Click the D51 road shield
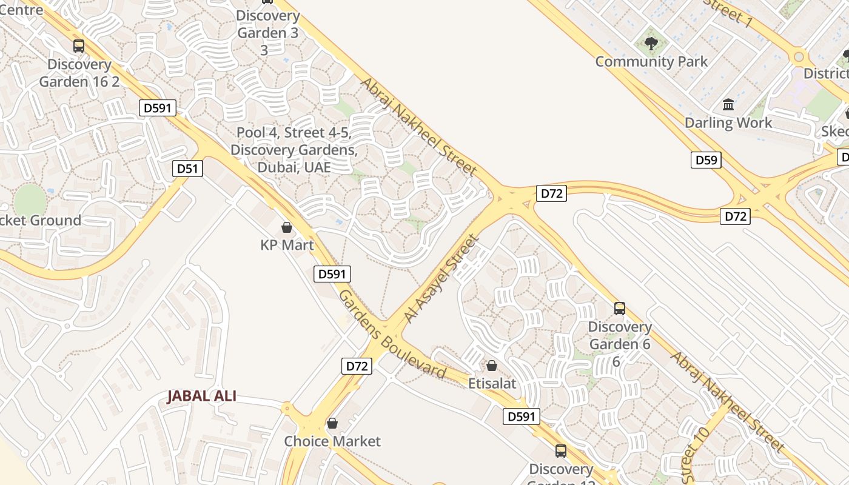coord(187,168)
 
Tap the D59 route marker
coord(706,160)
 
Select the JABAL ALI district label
coord(201,396)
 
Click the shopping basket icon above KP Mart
coord(286,228)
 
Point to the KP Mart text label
coord(287,245)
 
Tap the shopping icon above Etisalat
coord(492,366)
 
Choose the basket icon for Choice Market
coord(332,423)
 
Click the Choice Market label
coord(332,441)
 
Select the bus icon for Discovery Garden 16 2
coord(79,46)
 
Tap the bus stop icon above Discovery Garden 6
coord(619,309)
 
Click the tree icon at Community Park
coord(651,44)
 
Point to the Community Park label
coord(651,61)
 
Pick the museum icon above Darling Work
coord(728,105)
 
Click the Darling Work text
coord(728,122)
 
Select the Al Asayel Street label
coord(441,279)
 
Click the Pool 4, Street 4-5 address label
coord(294,149)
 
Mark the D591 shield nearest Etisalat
coord(521,416)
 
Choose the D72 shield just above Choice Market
coord(357,366)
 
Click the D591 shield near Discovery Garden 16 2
coord(158,108)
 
